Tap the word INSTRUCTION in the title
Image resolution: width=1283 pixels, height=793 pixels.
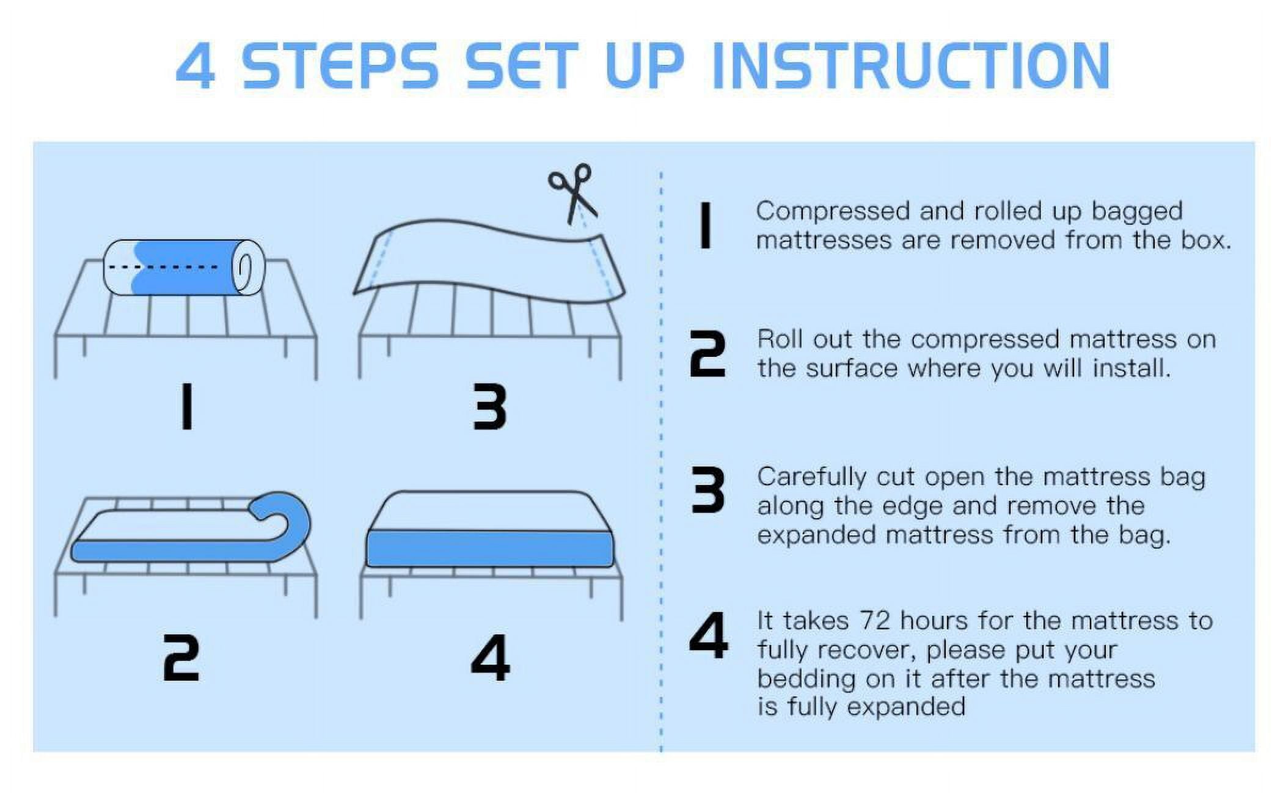[x=911, y=65]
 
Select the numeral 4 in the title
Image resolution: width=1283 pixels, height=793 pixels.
[x=196, y=66]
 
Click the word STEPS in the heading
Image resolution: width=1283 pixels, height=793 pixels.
[x=341, y=66]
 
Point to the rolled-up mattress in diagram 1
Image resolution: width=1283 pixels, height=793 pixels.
[x=184, y=267]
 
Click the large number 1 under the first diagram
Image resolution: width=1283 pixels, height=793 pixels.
[x=187, y=406]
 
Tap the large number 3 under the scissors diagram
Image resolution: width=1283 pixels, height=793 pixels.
[x=490, y=406]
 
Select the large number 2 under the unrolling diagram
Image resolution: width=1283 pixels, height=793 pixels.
[x=181, y=657]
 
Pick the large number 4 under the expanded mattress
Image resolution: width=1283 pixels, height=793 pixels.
[x=490, y=657]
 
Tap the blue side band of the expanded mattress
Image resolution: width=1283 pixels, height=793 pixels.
[x=490, y=548]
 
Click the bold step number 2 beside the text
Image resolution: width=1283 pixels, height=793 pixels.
[x=707, y=354]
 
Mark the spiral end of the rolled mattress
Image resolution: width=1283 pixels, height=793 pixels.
[x=247, y=267]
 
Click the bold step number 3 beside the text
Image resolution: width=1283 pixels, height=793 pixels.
[x=708, y=490]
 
